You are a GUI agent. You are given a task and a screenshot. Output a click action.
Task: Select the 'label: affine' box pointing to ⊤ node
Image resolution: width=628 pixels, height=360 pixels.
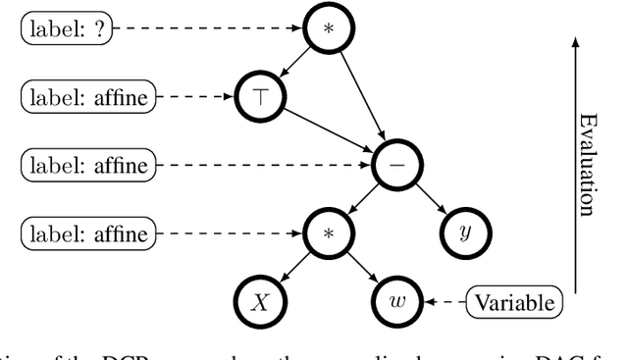tap(87, 96)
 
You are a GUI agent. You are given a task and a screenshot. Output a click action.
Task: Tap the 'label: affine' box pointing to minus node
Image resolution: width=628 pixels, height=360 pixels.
tap(87, 166)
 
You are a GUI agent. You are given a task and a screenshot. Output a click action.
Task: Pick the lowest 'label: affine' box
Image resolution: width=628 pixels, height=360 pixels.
tap(87, 234)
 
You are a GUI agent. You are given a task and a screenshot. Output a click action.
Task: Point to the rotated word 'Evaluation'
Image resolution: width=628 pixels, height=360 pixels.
tap(586, 164)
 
